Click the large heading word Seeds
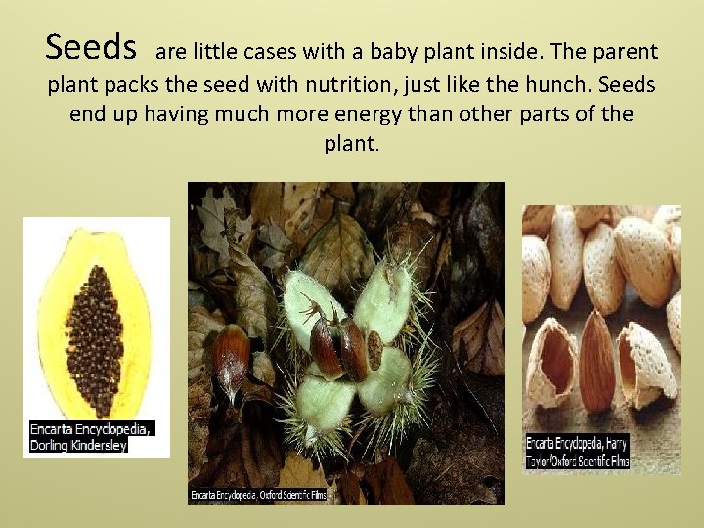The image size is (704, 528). [x=91, y=47]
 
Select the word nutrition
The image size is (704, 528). [x=349, y=85]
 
